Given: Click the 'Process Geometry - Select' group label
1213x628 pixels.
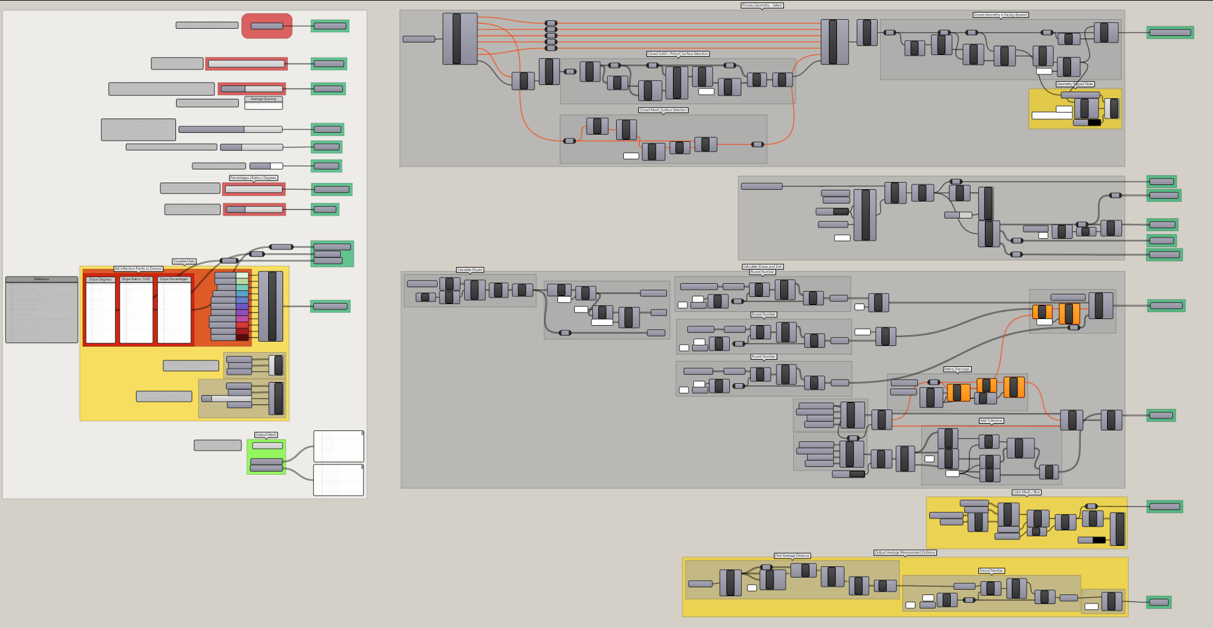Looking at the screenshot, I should pos(762,5).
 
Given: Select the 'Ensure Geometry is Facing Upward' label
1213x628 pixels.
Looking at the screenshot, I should pos(1000,15).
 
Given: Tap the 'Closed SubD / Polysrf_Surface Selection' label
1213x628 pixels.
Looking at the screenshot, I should pos(678,54).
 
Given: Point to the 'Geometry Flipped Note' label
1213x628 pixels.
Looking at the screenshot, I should pos(1075,84).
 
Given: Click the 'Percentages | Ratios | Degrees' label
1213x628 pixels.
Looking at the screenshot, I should pos(253,178).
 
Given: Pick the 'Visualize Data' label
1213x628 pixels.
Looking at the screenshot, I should pos(184,262).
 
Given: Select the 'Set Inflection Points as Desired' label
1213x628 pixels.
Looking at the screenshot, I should pos(138,269).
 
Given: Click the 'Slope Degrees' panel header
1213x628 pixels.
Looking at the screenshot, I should pos(101,280).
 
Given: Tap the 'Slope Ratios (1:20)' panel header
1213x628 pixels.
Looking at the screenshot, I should pos(136,280).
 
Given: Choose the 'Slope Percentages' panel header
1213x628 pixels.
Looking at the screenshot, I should pos(174,280).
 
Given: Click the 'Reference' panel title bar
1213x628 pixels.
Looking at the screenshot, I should pos(42,279).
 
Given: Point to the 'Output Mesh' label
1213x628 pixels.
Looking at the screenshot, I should pos(266,435).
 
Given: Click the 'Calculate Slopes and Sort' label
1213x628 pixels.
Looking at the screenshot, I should pos(762,266).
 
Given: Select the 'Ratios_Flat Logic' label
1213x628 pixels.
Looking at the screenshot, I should pos(957,369).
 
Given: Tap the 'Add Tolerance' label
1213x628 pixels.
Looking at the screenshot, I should pos(991,421).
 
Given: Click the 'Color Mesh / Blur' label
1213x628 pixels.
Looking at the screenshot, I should pos(1026,492).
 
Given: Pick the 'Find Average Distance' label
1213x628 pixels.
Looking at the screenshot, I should pos(792,556).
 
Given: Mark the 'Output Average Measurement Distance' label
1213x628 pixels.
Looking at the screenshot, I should pos(905,553).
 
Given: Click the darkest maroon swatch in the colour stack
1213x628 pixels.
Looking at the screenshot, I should pos(242,338).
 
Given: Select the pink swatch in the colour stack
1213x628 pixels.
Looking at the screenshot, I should pos(242,318).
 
